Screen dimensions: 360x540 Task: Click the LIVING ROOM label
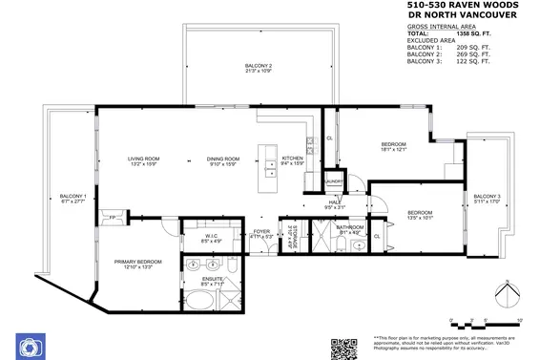pos(148,160)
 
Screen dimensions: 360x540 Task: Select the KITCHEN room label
pos(292,160)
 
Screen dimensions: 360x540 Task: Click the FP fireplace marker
pos(113,217)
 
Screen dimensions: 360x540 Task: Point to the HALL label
pos(335,203)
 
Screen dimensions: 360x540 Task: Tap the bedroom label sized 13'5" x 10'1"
pos(420,214)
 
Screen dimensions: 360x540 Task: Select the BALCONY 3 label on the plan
pos(486,199)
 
